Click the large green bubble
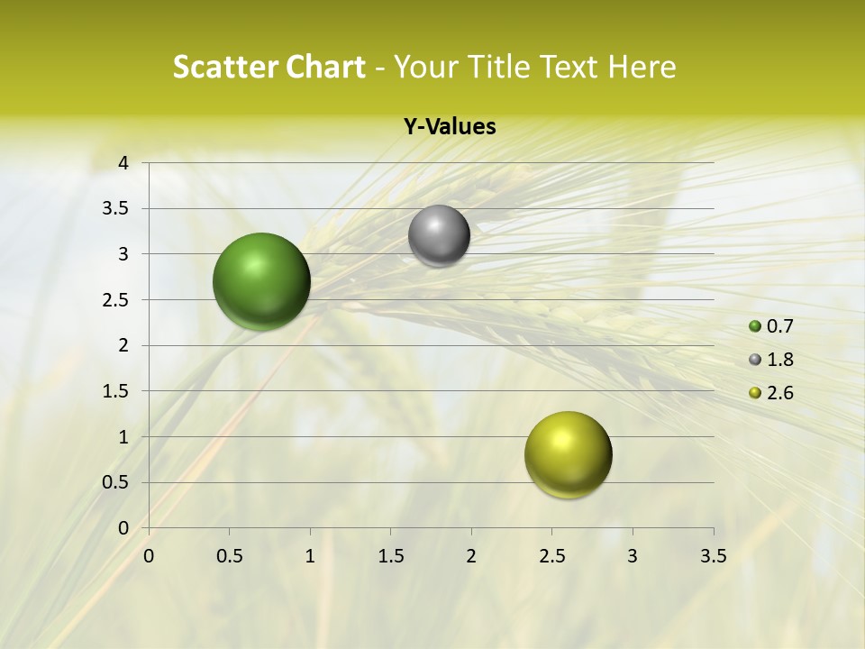(262, 281)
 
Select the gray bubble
(439, 235)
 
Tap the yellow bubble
(568, 454)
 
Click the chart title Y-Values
(450, 127)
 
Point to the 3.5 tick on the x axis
(713, 556)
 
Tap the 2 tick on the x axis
(471, 556)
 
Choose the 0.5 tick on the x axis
(229, 556)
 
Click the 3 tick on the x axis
(633, 556)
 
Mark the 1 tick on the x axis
(310, 556)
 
